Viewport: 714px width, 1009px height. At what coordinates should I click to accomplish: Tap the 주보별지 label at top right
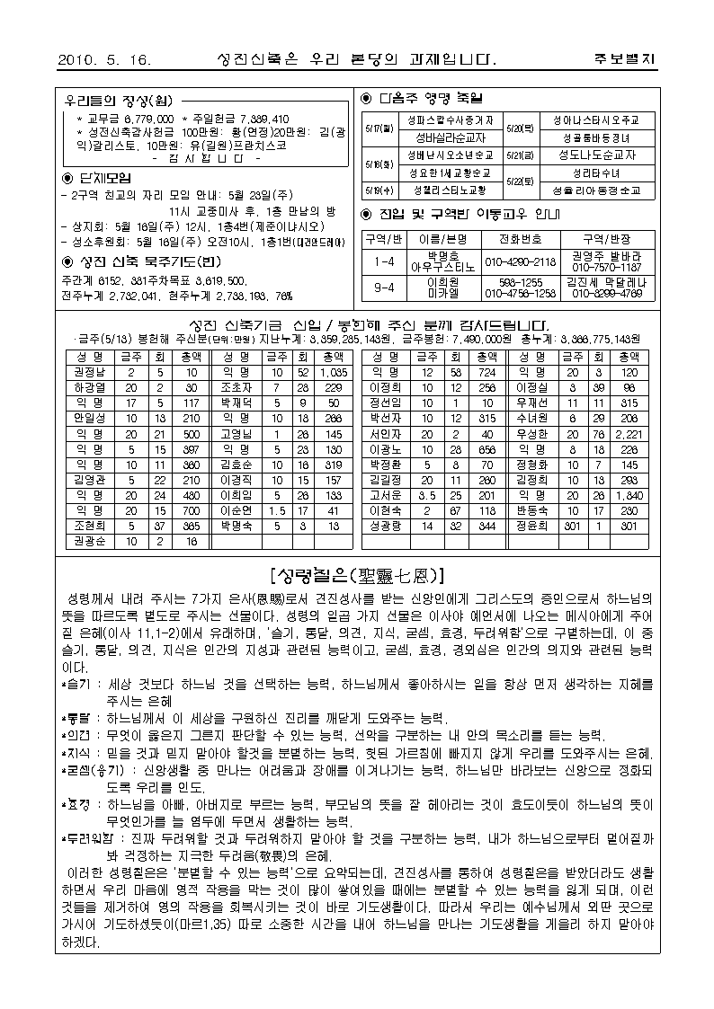[x=625, y=60]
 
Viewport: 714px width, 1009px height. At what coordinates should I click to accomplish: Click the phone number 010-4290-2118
[x=521, y=262]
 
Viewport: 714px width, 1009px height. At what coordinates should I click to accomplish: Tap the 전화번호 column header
[x=520, y=239]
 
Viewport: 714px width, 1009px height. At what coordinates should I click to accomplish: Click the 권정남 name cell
[x=89, y=371]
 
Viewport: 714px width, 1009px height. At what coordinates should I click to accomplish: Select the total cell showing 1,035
[x=333, y=371]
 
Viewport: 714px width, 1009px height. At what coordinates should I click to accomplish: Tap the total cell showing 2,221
[x=629, y=433]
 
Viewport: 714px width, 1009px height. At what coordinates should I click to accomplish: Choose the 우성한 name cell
[x=531, y=433]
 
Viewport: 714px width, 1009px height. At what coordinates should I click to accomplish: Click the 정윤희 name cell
[x=531, y=526]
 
